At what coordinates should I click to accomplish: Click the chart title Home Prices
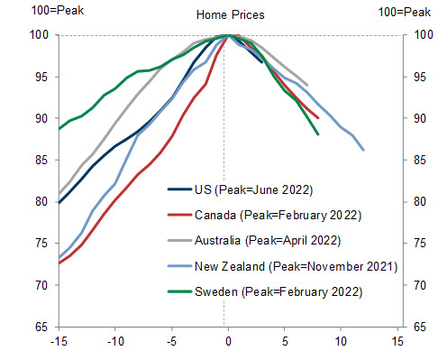tap(228, 14)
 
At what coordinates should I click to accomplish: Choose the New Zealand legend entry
tap(289, 267)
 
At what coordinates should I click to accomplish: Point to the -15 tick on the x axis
tap(59, 342)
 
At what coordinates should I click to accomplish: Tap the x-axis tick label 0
tap(228, 342)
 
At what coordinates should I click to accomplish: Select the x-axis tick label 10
tap(341, 342)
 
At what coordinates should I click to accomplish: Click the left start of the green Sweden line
tap(59, 128)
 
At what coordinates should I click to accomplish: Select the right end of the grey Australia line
tap(307, 85)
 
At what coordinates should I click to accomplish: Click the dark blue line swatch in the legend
tap(179, 190)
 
